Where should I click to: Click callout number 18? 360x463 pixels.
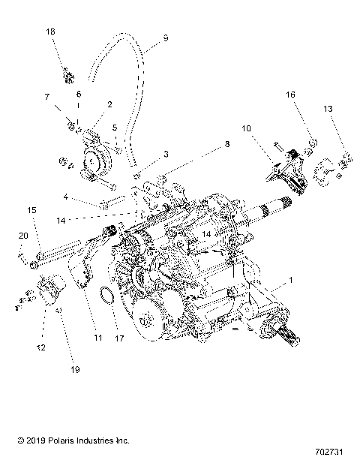pos(51,32)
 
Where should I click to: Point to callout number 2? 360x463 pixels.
pos(109,104)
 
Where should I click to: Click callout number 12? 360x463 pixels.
pos(40,347)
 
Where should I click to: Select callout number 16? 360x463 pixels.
pos(291,95)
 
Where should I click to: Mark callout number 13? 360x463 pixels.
pos(328,109)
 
